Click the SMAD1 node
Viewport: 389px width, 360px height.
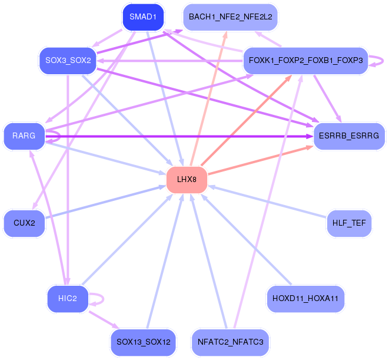coord(143,17)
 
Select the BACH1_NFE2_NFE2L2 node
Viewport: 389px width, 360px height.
coord(230,17)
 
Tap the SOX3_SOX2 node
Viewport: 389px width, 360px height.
coord(68,61)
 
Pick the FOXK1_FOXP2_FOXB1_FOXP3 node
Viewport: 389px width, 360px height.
coord(305,61)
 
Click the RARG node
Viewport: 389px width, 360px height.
coord(24,136)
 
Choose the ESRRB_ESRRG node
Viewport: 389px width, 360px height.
coord(349,136)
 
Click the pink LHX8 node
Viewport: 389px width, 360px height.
coord(187,180)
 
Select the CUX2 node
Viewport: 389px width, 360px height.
coord(24,223)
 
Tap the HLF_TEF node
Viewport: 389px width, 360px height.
coord(349,223)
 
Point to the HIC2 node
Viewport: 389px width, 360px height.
coord(68,299)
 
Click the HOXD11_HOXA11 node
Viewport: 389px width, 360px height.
coord(305,299)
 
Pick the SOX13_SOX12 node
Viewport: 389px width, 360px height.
coord(143,342)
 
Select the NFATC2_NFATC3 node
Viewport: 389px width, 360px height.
coord(230,342)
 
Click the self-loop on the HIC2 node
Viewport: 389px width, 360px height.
coord(103,299)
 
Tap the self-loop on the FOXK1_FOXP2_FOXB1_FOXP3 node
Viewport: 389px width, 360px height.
coord(383,61)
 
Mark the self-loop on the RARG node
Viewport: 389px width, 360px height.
coord(60,136)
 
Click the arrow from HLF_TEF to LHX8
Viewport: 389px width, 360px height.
coord(267,202)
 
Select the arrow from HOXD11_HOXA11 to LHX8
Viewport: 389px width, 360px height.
coord(246,239)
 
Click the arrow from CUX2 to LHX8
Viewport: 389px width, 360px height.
coord(106,202)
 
